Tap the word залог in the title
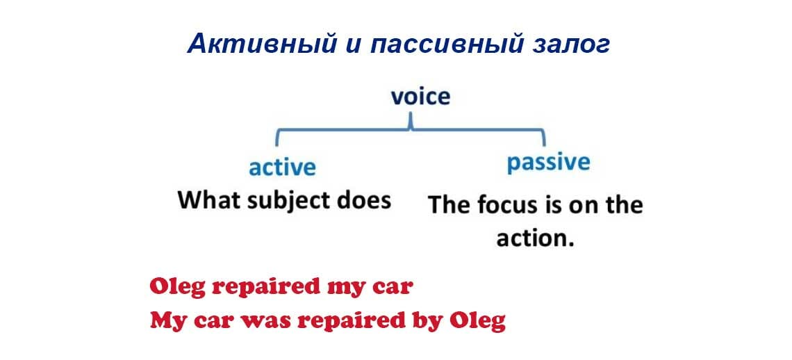(570, 44)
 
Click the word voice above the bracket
(420, 96)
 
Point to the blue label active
(282, 167)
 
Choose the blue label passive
(548, 163)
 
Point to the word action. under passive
(536, 238)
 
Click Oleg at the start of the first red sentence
(176, 287)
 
